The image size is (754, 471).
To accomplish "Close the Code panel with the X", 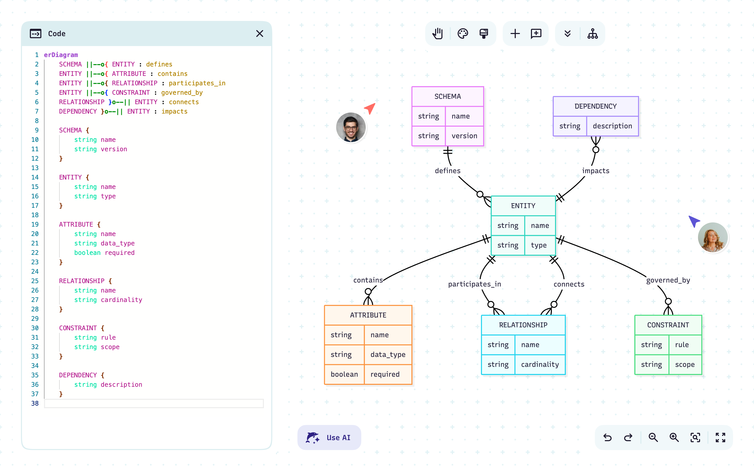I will (259, 34).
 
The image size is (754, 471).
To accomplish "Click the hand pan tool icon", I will (437, 34).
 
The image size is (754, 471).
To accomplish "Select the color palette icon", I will (463, 34).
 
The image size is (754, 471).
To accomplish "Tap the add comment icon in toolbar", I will (536, 34).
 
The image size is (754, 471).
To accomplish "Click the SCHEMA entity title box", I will (447, 97).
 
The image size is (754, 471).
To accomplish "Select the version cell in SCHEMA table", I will (464, 136).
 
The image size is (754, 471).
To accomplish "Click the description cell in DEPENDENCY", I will (612, 126).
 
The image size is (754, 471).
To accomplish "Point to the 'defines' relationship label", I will (447, 171).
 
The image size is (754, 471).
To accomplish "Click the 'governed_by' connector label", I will (668, 280).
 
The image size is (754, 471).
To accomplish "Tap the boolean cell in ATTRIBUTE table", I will (344, 374).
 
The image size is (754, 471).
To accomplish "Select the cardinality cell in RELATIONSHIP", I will (540, 365).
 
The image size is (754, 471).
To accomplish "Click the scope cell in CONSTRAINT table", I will (685, 365).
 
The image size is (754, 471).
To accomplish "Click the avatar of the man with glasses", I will (351, 127).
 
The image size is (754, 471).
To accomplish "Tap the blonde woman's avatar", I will (713, 237).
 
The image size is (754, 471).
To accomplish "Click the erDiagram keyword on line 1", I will (61, 55).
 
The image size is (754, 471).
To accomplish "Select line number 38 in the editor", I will (35, 403).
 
